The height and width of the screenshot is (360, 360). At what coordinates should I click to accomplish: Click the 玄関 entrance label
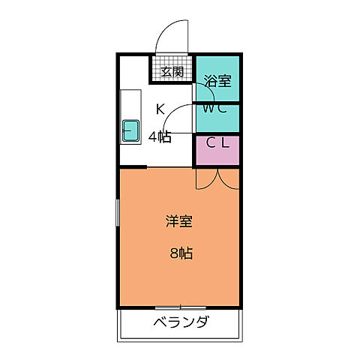pos(172,72)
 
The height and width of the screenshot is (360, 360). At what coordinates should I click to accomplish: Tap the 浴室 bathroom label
pos(217,79)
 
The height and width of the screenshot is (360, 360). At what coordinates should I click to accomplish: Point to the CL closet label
pos(217,142)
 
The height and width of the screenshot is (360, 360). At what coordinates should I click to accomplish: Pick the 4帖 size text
pos(159,137)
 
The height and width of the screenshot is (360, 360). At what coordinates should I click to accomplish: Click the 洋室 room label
pos(179,222)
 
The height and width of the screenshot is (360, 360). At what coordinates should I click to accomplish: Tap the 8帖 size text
pos(179,253)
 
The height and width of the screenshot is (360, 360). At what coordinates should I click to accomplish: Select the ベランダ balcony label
pos(181,324)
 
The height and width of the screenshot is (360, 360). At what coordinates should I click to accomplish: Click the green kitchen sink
pos(130,131)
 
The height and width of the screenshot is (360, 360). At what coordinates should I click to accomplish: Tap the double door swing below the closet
pos(217,178)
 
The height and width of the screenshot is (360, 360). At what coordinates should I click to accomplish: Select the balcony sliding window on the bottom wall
pos(180,307)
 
